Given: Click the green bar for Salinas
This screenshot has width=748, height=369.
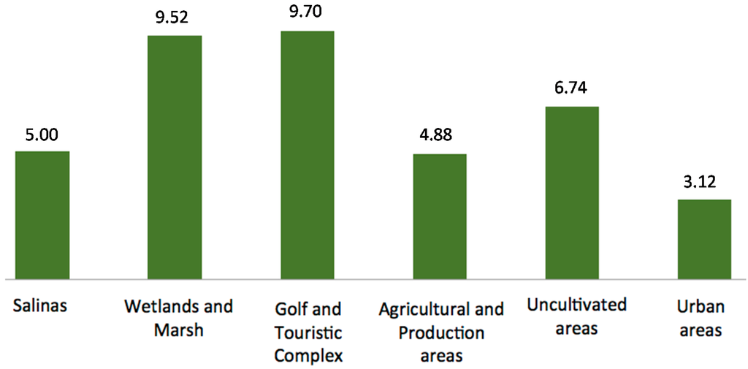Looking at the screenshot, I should pyautogui.click(x=42, y=216).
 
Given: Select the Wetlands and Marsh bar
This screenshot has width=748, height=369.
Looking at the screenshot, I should pyautogui.click(x=175, y=157).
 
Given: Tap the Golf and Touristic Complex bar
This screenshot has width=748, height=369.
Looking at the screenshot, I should pyautogui.click(x=308, y=155).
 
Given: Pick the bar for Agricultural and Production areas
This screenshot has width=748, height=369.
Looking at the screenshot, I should pyautogui.click(x=440, y=217).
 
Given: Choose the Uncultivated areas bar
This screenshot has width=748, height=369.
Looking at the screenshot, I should pyautogui.click(x=572, y=193).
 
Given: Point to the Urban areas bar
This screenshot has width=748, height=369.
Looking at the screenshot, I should pyautogui.click(x=704, y=240).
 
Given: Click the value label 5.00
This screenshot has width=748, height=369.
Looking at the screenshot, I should pyautogui.click(x=42, y=134).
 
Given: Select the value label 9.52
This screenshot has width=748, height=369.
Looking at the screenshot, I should pyautogui.click(x=175, y=18).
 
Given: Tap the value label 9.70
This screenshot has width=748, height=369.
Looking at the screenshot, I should pyautogui.click(x=308, y=14).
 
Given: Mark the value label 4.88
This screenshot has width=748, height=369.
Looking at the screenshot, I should pyautogui.click(x=440, y=137).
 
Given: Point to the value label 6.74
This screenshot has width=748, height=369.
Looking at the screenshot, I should pyautogui.click(x=572, y=90).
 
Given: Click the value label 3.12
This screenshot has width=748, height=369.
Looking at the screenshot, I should pyautogui.click(x=704, y=183).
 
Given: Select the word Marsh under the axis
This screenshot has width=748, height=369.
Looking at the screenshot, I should pyautogui.click(x=178, y=330).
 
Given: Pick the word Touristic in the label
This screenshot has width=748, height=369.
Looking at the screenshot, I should pyautogui.click(x=308, y=332).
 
